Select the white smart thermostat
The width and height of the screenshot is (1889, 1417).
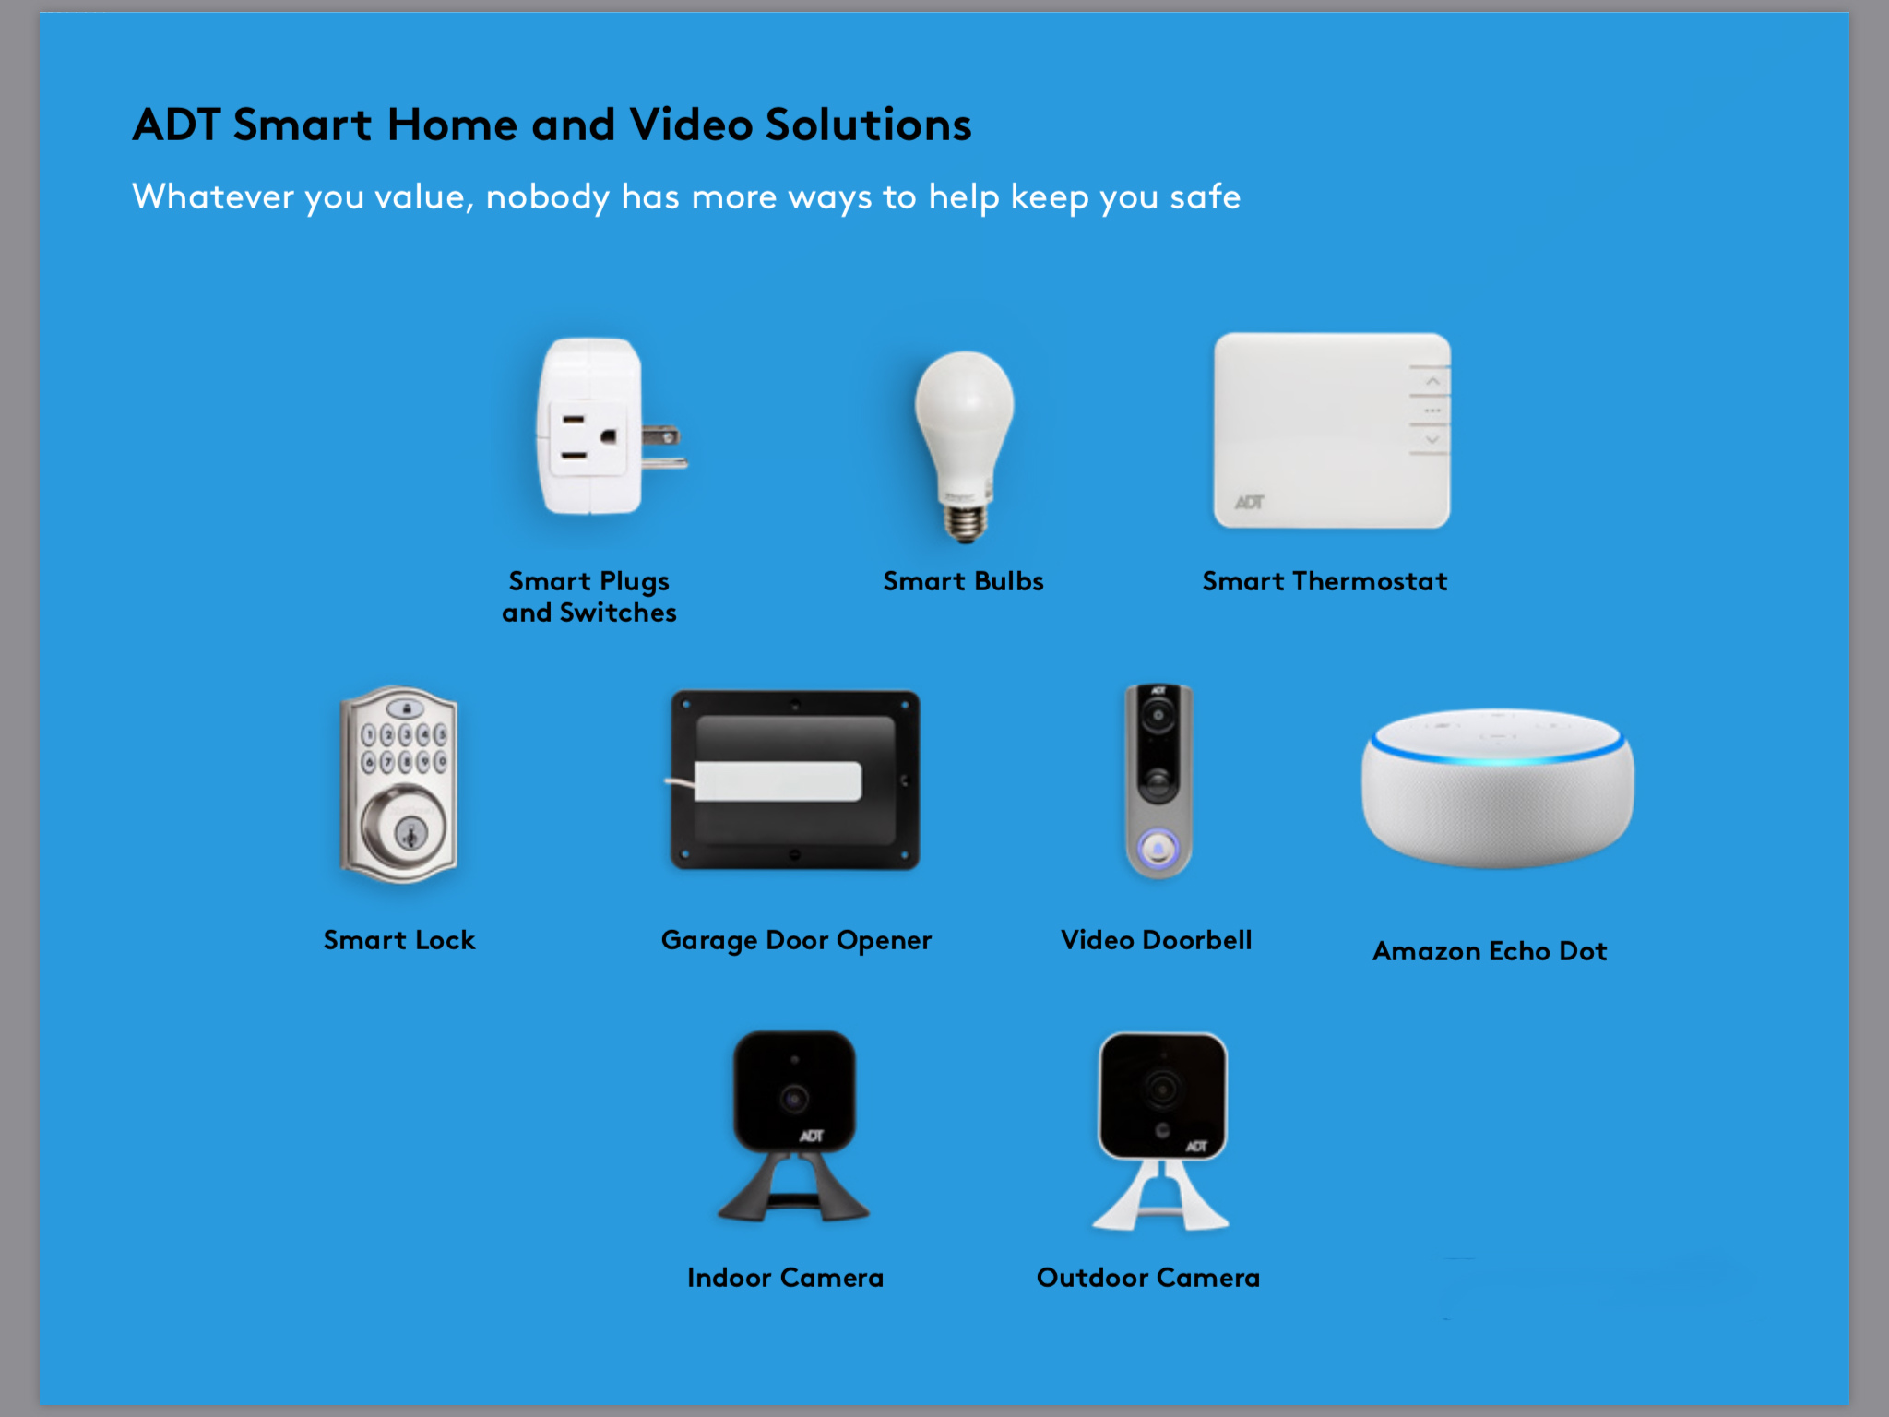pyautogui.click(x=1332, y=431)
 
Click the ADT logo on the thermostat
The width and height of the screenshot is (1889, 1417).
pyautogui.click(x=1250, y=502)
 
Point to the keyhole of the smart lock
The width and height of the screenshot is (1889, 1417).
pyautogui.click(x=410, y=833)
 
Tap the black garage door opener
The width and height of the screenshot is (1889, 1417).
pyautogui.click(x=795, y=780)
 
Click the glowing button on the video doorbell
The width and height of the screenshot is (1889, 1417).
pyautogui.click(x=1158, y=848)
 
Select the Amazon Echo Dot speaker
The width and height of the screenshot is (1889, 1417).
pyautogui.click(x=1497, y=788)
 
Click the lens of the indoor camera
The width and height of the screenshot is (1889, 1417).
pyautogui.click(x=794, y=1099)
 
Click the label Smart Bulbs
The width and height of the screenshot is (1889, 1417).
pyautogui.click(x=963, y=581)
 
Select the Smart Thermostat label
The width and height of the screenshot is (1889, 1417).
pyautogui.click(x=1325, y=581)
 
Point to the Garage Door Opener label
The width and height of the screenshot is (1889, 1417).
pyautogui.click(x=796, y=941)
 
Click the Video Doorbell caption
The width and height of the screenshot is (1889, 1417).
pyautogui.click(x=1157, y=940)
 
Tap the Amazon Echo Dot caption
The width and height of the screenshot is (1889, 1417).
pyautogui.click(x=1490, y=951)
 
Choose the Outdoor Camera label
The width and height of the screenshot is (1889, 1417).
pyautogui.click(x=1148, y=1278)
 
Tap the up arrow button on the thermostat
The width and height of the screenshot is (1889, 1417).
pyautogui.click(x=1432, y=381)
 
